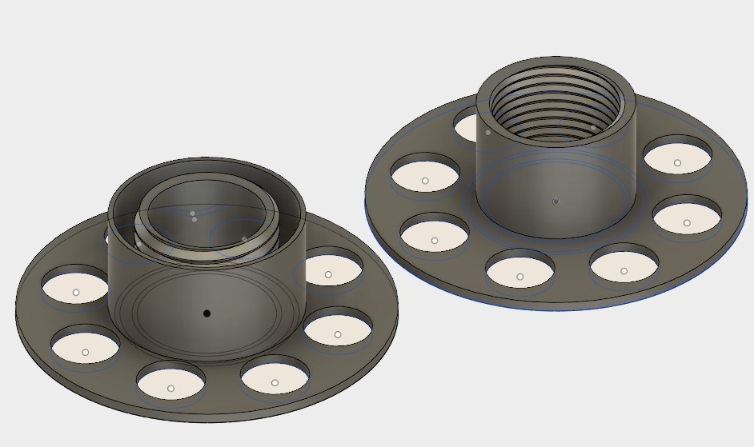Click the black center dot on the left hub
click(207, 313)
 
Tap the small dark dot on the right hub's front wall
click(555, 202)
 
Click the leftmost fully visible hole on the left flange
click(75, 288)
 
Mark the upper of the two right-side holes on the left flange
click(329, 270)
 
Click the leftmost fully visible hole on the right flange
click(425, 176)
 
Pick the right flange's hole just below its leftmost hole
click(435, 236)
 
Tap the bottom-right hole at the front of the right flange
click(624, 267)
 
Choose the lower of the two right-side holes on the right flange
click(687, 218)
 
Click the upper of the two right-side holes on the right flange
click(677, 158)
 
